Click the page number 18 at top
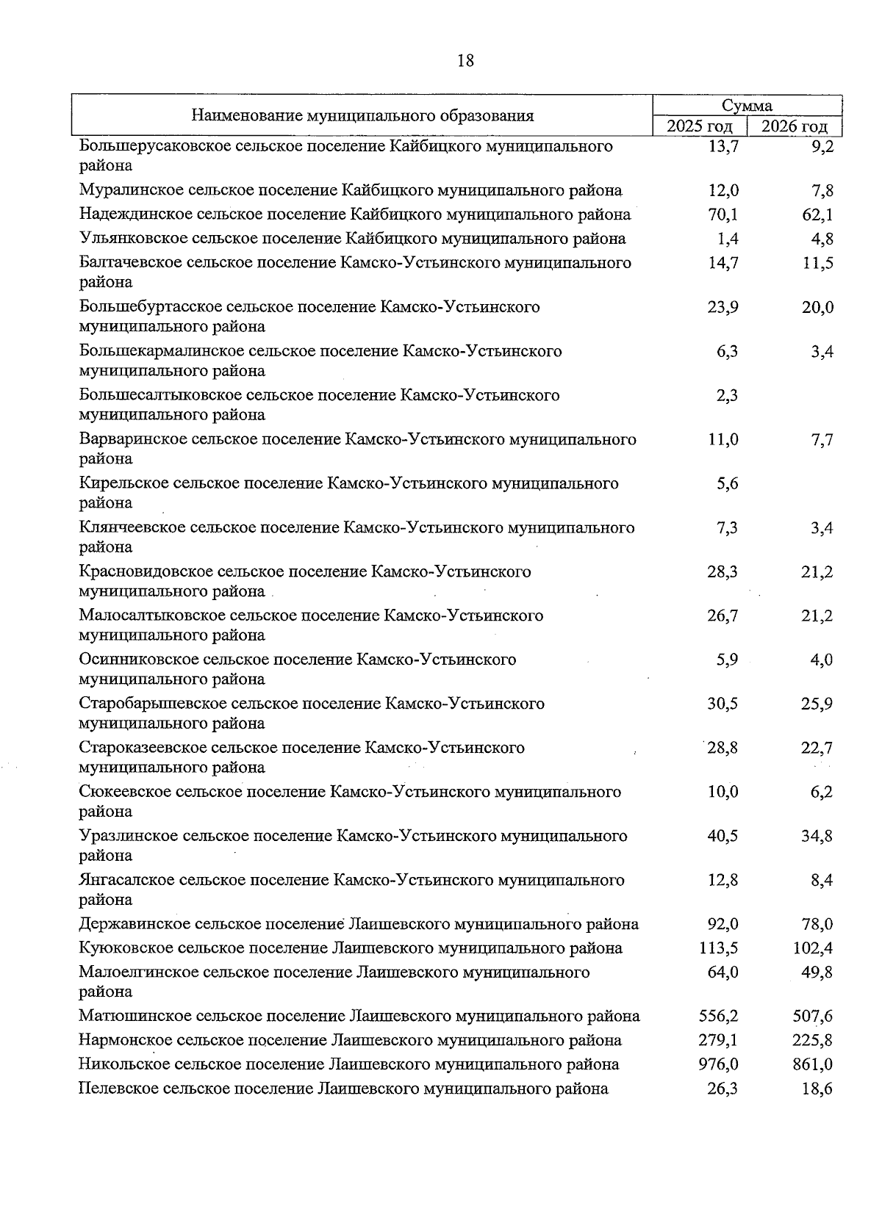pyautogui.click(x=466, y=61)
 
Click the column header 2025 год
pyautogui.click(x=699, y=126)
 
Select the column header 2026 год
pyautogui.click(x=794, y=126)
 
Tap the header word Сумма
pyautogui.click(x=747, y=106)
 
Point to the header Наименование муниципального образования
pyautogui.click(x=362, y=116)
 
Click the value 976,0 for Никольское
pyautogui.click(x=718, y=1064)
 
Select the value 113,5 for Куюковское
pyautogui.click(x=718, y=948)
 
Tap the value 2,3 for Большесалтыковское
pyautogui.click(x=727, y=396)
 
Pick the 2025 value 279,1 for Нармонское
pyautogui.click(x=718, y=1041)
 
